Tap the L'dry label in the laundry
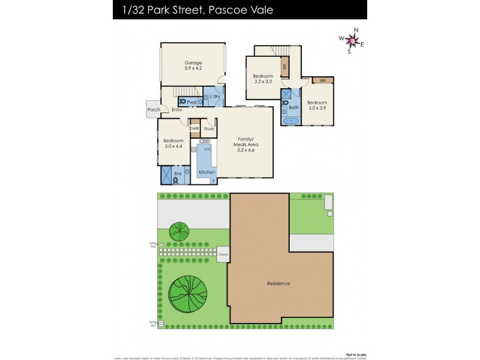click(x=215, y=97)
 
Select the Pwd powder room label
click(x=192, y=103)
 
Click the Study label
click(x=209, y=128)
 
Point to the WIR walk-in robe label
click(x=195, y=128)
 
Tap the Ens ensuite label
click(x=178, y=174)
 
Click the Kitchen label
click(x=207, y=172)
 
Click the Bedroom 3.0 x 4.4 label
click(x=173, y=144)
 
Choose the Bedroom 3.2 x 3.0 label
click(x=263, y=79)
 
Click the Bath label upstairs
click(x=293, y=108)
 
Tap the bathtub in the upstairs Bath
click(x=293, y=121)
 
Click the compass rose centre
click(x=352, y=40)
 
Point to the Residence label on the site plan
click(x=279, y=283)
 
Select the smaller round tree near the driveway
click(x=178, y=230)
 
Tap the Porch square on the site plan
click(x=223, y=254)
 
